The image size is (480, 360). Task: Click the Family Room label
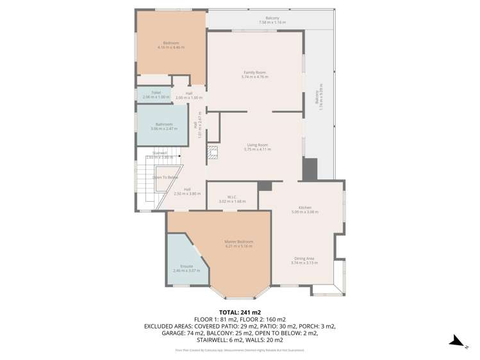click(254, 72)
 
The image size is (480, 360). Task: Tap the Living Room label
click(257, 145)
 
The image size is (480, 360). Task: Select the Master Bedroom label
click(238, 241)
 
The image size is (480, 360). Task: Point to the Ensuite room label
click(186, 266)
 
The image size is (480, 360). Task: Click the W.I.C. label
click(232, 197)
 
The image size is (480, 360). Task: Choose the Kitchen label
click(304, 208)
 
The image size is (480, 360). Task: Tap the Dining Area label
click(304, 258)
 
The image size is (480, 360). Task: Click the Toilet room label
click(156, 92)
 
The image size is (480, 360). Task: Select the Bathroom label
click(163, 124)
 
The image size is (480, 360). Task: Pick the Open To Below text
click(165, 177)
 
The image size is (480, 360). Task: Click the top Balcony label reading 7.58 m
click(272, 18)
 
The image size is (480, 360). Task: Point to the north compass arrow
click(456, 341)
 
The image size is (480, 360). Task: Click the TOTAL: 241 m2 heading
click(240, 311)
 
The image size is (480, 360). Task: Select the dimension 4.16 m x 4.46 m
click(170, 47)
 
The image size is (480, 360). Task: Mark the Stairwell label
click(160, 153)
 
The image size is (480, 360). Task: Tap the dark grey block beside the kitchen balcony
click(310, 168)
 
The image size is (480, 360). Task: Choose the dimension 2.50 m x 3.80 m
click(187, 193)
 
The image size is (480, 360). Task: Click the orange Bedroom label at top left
click(170, 43)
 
